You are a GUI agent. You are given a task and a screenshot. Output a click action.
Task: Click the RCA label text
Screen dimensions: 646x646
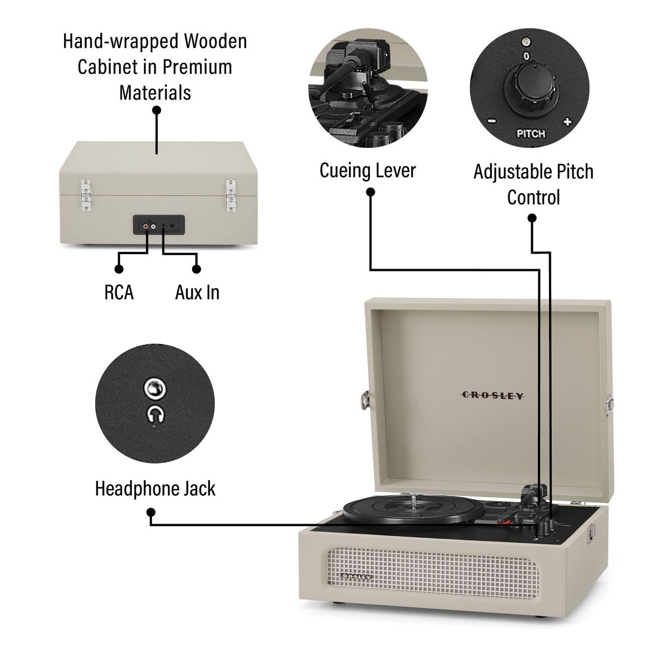coord(119,292)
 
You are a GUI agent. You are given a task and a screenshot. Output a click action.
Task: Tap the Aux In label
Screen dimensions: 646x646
coord(197,292)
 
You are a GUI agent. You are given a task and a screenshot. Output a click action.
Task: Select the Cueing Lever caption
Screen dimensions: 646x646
coord(368,170)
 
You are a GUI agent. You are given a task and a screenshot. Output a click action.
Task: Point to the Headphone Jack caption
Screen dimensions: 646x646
coord(155,488)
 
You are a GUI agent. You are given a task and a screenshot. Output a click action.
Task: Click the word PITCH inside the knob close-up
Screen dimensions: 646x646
coord(531,134)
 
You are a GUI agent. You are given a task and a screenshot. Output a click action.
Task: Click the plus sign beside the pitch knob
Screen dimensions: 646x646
coord(567,121)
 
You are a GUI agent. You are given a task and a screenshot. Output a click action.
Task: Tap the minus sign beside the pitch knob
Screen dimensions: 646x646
coord(492,121)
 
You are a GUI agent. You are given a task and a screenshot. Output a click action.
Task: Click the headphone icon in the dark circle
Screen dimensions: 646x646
coord(156,415)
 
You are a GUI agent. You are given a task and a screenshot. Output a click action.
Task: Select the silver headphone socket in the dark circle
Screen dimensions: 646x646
coord(155,388)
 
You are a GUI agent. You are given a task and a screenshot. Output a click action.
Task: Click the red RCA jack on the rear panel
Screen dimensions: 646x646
coord(146,227)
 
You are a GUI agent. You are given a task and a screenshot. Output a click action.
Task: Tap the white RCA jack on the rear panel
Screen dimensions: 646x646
coord(153,227)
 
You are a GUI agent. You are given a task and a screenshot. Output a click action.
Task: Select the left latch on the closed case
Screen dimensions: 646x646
coord(86,195)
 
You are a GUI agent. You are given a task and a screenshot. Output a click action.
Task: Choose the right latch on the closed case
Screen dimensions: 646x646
coord(230,195)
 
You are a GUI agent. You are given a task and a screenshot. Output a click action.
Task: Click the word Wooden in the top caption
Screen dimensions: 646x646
coord(215,41)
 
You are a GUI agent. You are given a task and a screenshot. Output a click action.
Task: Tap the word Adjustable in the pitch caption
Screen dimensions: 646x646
coord(513,172)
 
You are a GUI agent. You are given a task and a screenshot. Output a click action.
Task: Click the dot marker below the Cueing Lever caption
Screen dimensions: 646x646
coord(370,192)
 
